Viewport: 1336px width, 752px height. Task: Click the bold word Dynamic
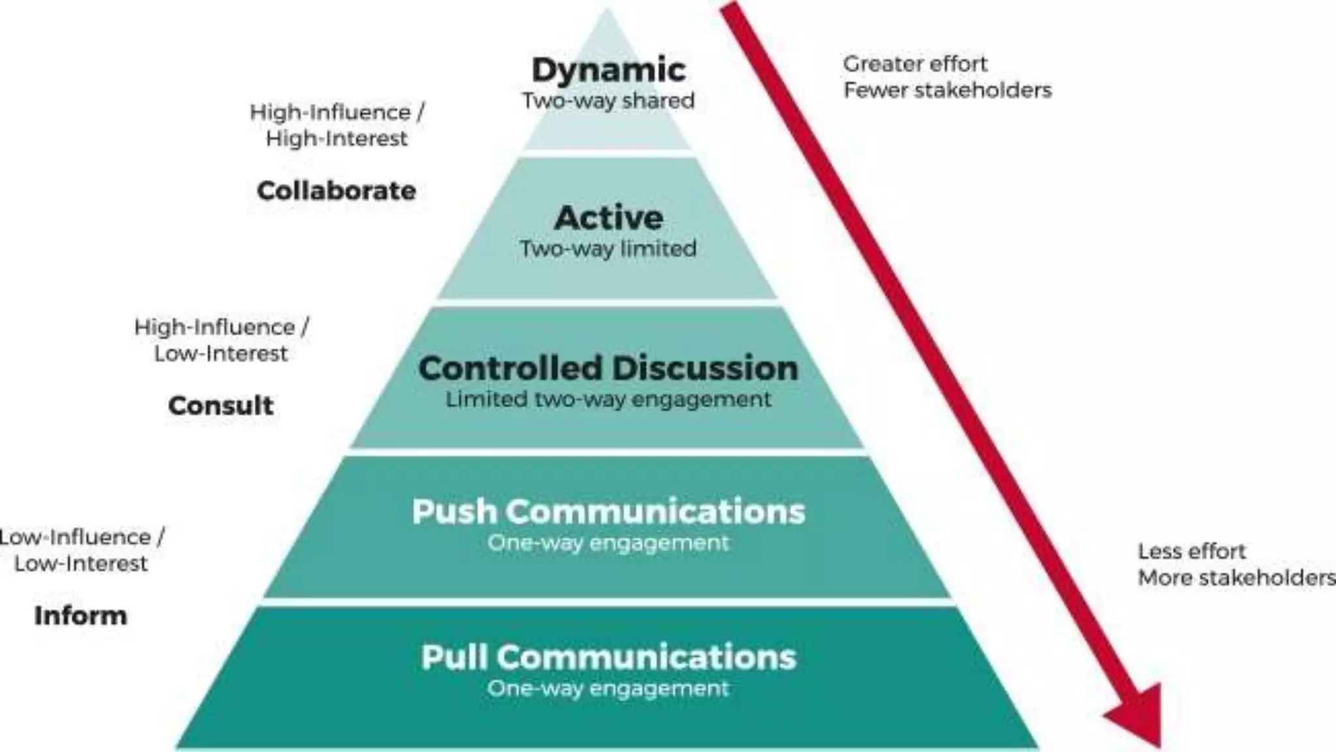(608, 70)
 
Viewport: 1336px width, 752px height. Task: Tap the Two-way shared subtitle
(608, 101)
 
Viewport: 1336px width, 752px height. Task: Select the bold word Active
(608, 217)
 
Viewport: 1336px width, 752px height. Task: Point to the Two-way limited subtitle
(608, 249)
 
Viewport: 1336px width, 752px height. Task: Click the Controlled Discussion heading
(608, 368)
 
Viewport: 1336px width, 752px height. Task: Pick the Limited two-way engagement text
(608, 399)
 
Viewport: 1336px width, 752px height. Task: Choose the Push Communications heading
(608, 511)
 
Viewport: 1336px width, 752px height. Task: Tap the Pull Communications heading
(608, 657)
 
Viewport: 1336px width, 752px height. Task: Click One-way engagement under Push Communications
(608, 543)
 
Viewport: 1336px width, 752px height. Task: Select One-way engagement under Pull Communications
(608, 688)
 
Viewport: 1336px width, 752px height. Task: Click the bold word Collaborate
(337, 191)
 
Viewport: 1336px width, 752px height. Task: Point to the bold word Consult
(220, 405)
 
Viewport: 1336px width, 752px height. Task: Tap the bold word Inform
(80, 616)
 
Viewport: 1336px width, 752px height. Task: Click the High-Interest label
(337, 138)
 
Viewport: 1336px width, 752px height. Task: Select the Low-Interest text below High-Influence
(220, 354)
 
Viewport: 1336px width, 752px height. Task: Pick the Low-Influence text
(75, 537)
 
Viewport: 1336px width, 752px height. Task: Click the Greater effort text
(915, 64)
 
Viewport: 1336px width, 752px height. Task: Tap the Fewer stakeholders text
(947, 90)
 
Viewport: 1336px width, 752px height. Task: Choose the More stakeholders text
(1236, 578)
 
